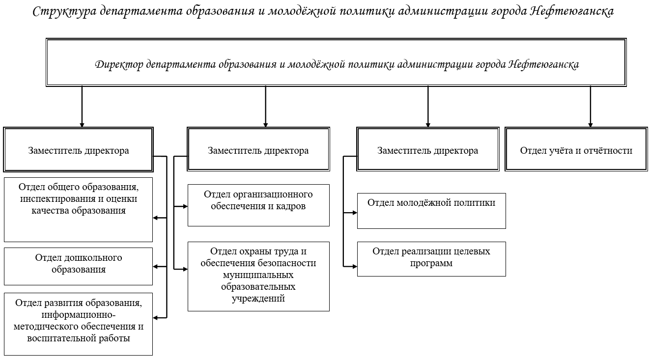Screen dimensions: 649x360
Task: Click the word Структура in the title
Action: pyautogui.click(x=64, y=12)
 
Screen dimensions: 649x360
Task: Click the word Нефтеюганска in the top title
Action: pyautogui.click(x=572, y=12)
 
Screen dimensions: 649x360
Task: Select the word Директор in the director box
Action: pyautogui.click(x=119, y=64)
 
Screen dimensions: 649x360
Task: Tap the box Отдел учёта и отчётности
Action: pyautogui.click(x=576, y=149)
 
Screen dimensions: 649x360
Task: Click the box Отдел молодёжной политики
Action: pyautogui.click(x=431, y=211)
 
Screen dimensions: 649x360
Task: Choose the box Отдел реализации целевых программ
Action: pyautogui.click(x=431, y=259)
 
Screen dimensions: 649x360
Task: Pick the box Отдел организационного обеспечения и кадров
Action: pyautogui.click(x=258, y=205)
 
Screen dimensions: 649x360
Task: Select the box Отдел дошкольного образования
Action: pyautogui.click(x=78, y=266)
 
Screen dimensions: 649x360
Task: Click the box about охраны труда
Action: pyautogui.click(x=258, y=277)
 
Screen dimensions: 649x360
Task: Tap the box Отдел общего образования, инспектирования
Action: pyautogui.click(x=78, y=209)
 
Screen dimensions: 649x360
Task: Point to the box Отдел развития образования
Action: pyautogui.click(x=78, y=324)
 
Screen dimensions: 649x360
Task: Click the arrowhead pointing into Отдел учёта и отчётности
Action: pyautogui.click(x=590, y=125)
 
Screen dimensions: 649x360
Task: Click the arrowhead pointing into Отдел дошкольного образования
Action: pyautogui.click(x=155, y=267)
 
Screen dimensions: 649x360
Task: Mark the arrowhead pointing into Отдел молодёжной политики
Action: pyautogui.click(x=355, y=213)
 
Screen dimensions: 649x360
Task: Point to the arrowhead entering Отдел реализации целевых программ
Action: pyautogui.click(x=355, y=267)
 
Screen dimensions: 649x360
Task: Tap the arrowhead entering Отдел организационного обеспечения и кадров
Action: pyautogui.click(x=185, y=206)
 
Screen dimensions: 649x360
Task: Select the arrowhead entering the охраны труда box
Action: pyautogui.click(x=185, y=269)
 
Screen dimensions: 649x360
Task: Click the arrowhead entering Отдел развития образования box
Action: pyautogui.click(x=155, y=318)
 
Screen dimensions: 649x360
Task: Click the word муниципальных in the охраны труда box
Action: pyautogui.click(x=258, y=275)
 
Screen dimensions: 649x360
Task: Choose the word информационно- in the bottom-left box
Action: pyautogui.click(x=79, y=315)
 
